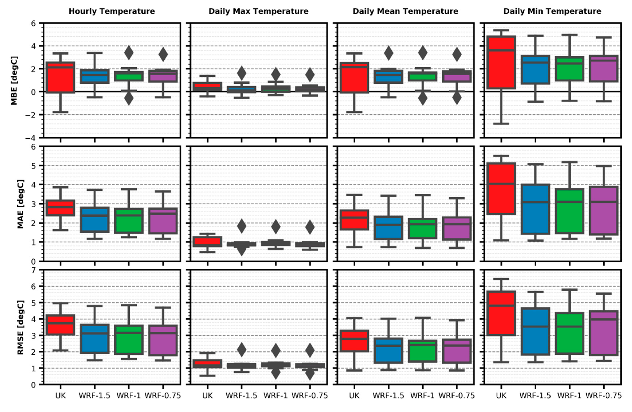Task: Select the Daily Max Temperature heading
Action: (x=258, y=11)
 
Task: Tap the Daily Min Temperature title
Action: (x=552, y=11)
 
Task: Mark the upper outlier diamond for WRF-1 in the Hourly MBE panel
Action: (x=129, y=53)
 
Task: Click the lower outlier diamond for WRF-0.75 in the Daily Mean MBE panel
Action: (x=457, y=98)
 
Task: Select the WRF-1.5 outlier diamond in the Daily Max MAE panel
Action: (x=241, y=226)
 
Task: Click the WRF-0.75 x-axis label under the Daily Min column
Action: (x=604, y=396)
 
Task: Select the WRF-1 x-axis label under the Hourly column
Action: (x=129, y=396)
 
